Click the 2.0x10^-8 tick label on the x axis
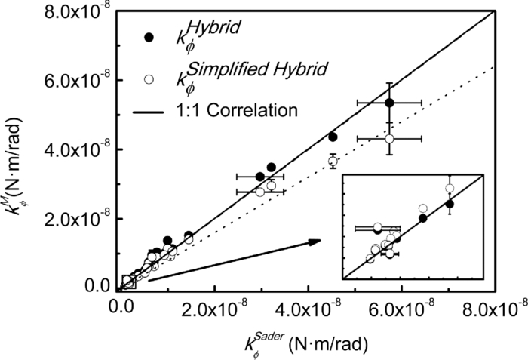click(x=214, y=309)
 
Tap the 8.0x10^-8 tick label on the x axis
click(x=490, y=309)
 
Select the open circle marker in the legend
click(x=149, y=77)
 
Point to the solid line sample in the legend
click(x=150, y=111)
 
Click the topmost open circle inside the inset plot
click(x=450, y=189)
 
